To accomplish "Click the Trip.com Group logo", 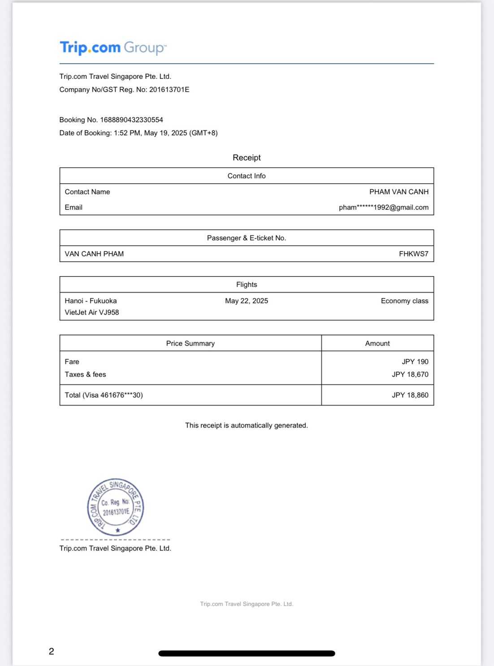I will [x=113, y=48].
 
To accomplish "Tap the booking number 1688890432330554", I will [x=131, y=120].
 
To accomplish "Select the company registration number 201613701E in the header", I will [x=169, y=90].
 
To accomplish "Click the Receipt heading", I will [x=247, y=157].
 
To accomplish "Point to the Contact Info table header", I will [x=247, y=176].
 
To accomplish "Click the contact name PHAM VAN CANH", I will [x=399, y=192].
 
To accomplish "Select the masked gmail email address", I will [x=383, y=208].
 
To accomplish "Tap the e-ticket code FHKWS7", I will [x=413, y=254].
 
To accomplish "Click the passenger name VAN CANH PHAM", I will [x=94, y=254].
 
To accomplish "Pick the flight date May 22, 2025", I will [x=247, y=301].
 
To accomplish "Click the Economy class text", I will [x=404, y=301].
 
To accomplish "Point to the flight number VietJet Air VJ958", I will [x=92, y=312].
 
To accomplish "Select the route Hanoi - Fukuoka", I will [x=91, y=301].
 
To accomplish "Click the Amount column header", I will [x=377, y=343].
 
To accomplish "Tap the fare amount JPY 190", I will [x=415, y=362].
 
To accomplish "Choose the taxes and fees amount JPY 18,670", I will [x=410, y=374].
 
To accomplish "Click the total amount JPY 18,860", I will [x=410, y=395].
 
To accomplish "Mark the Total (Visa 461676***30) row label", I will [x=104, y=395].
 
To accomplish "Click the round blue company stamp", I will [x=116, y=507].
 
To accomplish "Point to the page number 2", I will [x=52, y=651].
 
